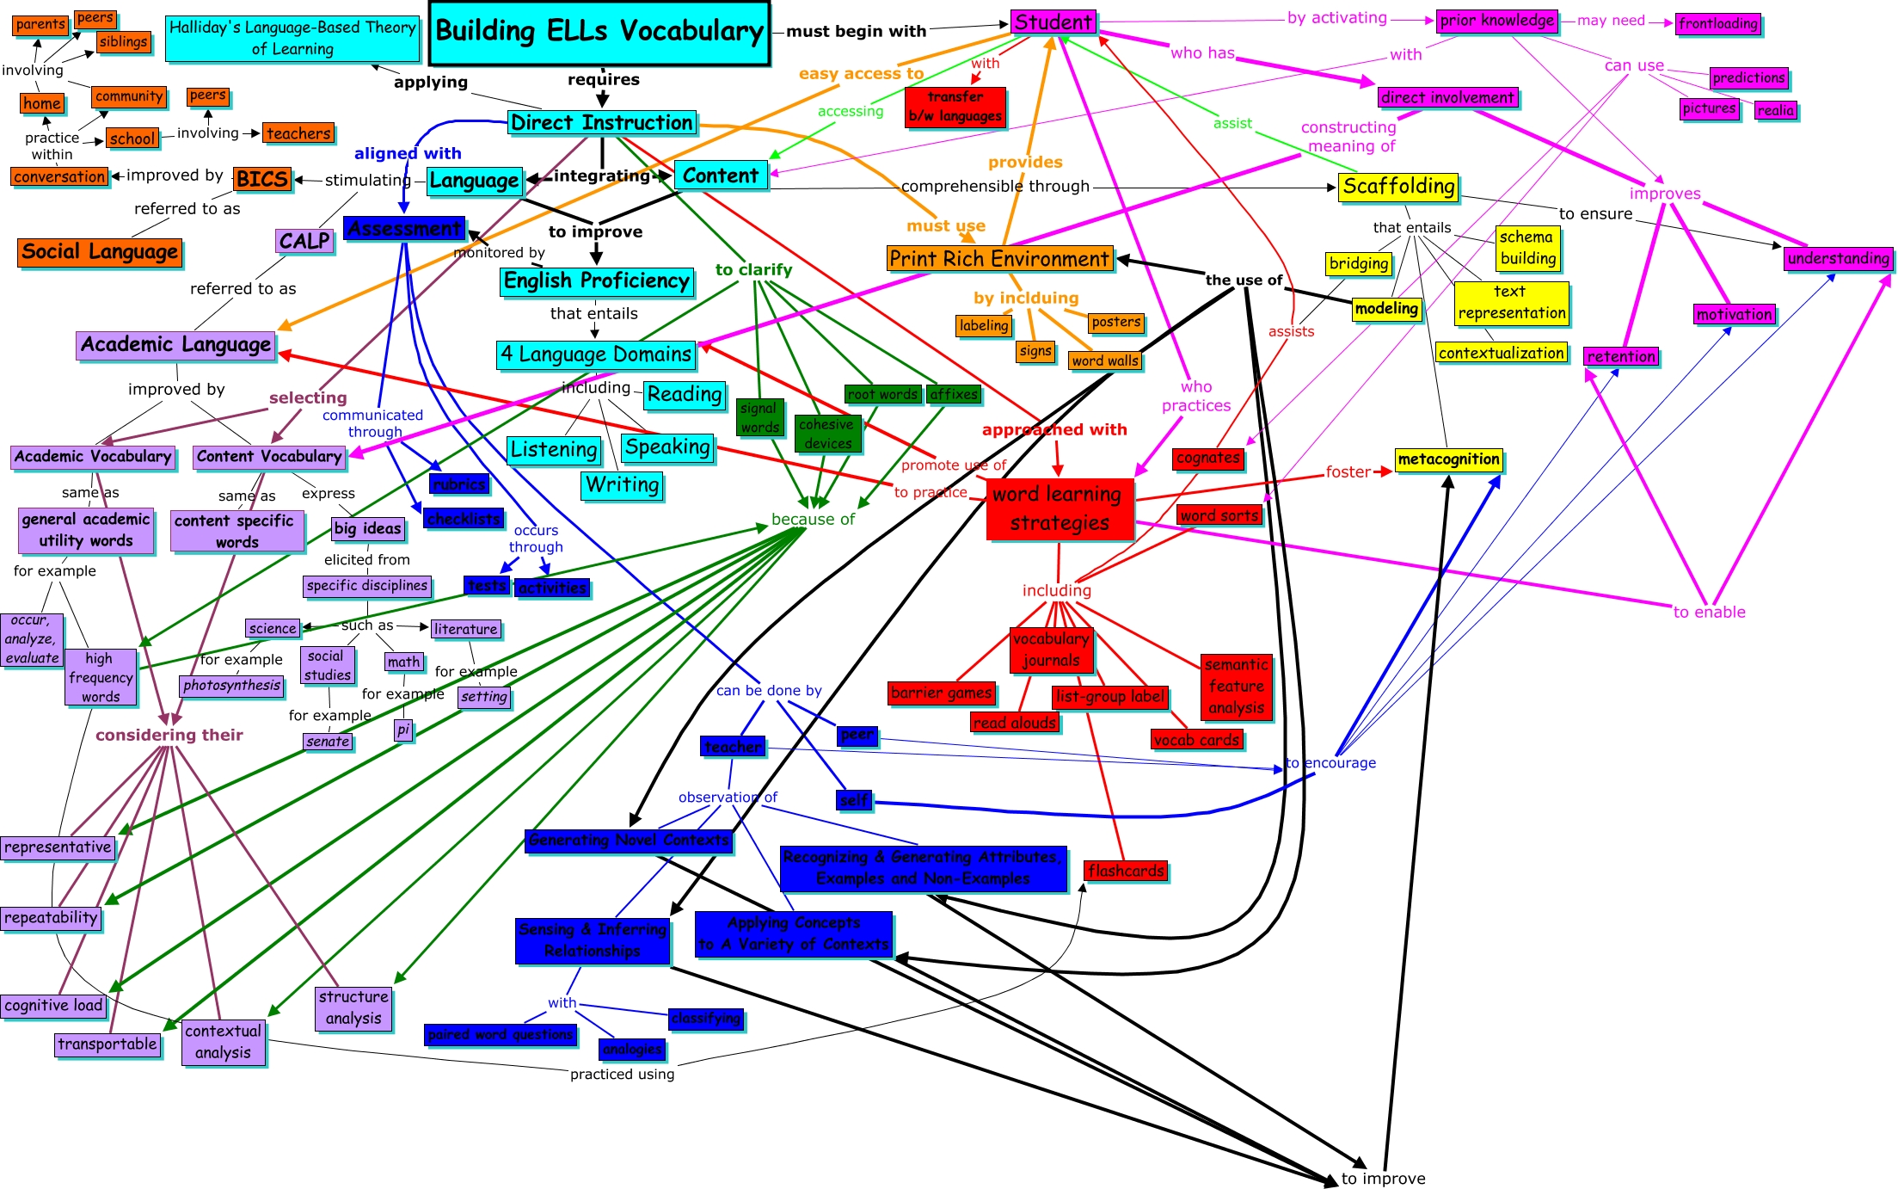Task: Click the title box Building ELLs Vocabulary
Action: tap(599, 33)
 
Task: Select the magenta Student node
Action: tap(1053, 22)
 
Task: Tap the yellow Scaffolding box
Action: tap(1398, 187)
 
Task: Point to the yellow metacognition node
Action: tap(1448, 459)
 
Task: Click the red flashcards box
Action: tap(1126, 871)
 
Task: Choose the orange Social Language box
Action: tap(100, 252)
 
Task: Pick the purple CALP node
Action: tap(304, 241)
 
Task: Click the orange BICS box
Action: tap(262, 179)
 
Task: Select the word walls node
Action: tap(1105, 361)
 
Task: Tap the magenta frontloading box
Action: tap(1718, 24)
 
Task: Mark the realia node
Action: tap(1775, 110)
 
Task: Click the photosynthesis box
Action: tap(232, 686)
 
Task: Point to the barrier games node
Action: tap(942, 693)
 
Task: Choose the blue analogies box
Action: tap(632, 1049)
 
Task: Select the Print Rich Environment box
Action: tap(999, 259)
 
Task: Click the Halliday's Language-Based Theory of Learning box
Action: tap(292, 39)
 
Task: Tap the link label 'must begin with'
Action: tap(856, 32)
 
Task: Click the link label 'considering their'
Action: tap(169, 735)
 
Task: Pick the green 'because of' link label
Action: tap(813, 519)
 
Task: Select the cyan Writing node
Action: tap(622, 485)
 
